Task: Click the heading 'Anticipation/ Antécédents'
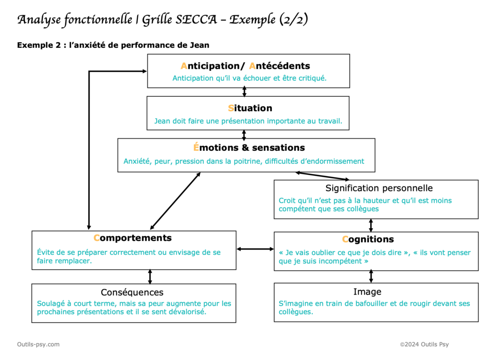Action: [245, 66]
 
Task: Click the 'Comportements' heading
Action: [132, 238]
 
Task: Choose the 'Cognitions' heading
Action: [368, 240]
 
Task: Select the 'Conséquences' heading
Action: [132, 292]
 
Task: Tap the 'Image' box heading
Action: [367, 292]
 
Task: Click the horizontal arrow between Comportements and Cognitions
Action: [255, 249]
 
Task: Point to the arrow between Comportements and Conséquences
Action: [150, 277]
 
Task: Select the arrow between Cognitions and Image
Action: [371, 277]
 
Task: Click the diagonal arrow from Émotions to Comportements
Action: [175, 201]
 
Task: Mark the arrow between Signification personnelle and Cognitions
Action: [371, 225]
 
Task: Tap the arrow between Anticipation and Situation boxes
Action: [244, 92]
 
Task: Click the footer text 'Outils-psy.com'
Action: [38, 344]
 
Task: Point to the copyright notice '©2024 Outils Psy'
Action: [424, 344]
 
